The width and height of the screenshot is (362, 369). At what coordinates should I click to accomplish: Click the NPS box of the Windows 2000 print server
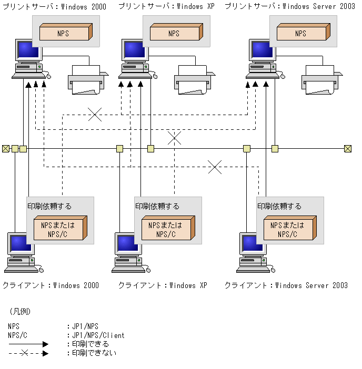coord(66,32)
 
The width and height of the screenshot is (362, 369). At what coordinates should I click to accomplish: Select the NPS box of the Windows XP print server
coord(176,32)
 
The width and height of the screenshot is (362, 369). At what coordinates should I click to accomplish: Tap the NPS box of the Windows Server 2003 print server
coord(304,32)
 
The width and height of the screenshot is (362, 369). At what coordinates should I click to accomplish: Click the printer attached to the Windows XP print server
coord(195,80)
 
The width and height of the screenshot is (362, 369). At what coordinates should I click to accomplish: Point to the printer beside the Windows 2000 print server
coord(88,80)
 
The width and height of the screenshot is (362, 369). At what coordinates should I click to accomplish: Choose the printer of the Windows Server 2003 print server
coord(322,80)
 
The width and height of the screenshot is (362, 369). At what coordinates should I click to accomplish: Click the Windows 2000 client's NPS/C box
coord(61,228)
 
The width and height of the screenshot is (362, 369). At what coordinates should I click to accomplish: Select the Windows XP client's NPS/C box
coord(168,228)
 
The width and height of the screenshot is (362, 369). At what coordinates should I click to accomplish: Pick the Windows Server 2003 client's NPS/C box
coord(290,228)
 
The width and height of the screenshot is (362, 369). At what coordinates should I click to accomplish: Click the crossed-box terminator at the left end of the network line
coord(6,149)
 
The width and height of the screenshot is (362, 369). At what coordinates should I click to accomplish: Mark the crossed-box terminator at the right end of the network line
coord(348,149)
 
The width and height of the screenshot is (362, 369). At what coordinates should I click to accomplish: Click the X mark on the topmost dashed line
coord(95,115)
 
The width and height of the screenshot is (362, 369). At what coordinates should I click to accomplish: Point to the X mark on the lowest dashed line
coord(215,167)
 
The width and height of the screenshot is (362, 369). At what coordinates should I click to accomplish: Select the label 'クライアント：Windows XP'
coord(163,285)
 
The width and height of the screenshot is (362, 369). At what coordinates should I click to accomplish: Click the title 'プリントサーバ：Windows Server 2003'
coord(290,6)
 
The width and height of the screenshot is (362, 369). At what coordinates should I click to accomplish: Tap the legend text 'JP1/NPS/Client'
coord(98,335)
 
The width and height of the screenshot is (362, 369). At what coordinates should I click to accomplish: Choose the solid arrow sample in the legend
coord(28,344)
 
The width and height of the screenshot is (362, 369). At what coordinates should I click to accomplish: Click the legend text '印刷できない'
coord(94,353)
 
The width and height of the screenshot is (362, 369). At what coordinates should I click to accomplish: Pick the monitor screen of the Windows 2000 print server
coord(28,49)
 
